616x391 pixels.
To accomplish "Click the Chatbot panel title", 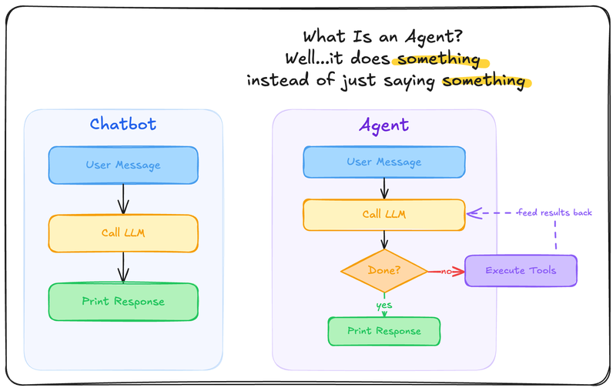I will click(123, 125).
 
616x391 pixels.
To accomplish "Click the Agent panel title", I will click(383, 125).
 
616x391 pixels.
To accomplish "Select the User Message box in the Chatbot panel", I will click(123, 165).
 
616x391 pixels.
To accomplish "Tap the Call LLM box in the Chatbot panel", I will click(123, 233).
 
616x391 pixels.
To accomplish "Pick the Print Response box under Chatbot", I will click(123, 302).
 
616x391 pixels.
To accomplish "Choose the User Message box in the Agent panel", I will click(383, 162).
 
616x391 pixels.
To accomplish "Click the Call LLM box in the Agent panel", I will click(383, 215).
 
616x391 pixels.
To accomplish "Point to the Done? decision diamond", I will click(383, 270).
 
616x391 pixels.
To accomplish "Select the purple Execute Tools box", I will click(521, 271).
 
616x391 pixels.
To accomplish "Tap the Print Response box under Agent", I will click(383, 331).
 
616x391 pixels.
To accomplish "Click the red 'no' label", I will click(445, 271).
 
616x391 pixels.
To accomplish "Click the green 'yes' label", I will click(383, 305).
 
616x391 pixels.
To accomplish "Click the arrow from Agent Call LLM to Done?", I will click(383, 239).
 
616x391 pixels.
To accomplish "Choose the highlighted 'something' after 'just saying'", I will click(484, 80).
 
